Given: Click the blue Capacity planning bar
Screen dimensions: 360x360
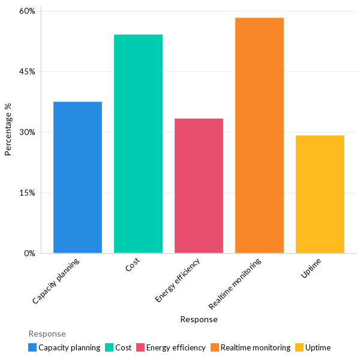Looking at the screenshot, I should coord(77,178).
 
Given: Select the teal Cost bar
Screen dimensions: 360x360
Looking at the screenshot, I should coord(138,144).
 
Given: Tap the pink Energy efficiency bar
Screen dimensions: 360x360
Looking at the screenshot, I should coord(199,186).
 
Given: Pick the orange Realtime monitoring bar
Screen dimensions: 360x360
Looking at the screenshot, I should coord(259,136).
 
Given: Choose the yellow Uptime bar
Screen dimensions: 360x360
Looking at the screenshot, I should coord(320,194).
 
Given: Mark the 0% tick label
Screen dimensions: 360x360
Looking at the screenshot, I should coord(29,253).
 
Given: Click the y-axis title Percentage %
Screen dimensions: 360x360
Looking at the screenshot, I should coord(8,130).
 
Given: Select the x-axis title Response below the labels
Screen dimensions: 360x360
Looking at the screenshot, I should coord(199,320).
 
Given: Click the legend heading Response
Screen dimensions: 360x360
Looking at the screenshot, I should coord(47,334).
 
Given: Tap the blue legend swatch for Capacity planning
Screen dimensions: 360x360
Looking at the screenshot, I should coord(32,347).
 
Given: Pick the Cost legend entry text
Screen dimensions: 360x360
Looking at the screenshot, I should coord(123,347).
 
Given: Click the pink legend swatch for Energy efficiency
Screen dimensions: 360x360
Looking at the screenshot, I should coord(140,347).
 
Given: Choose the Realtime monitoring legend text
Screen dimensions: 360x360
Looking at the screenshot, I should coord(255,347).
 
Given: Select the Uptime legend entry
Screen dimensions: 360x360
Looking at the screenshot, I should coord(317,347).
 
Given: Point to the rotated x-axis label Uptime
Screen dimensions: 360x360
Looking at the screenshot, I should coord(311,268).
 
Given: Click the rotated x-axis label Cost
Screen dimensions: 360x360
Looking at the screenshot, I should coord(133,266).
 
